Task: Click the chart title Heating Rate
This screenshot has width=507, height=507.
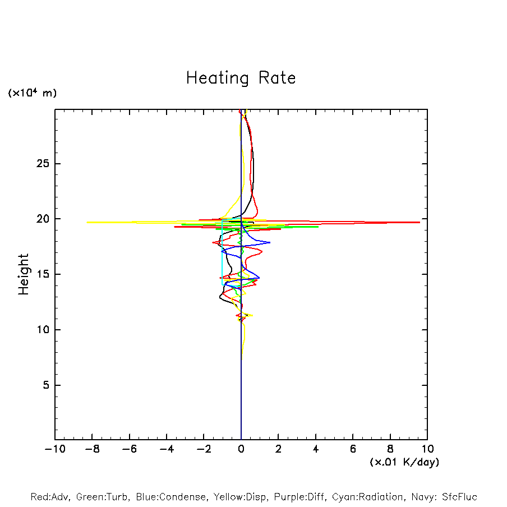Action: pos(241,78)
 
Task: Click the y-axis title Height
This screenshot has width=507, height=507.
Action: pos(24,274)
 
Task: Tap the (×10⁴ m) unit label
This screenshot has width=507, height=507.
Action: pos(32,93)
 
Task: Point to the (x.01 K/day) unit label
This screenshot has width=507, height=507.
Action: pos(404,462)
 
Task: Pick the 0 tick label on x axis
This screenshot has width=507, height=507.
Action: pos(241,449)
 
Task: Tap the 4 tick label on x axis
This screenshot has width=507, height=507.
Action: pos(316,449)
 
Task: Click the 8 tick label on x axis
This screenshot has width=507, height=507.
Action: pos(390,449)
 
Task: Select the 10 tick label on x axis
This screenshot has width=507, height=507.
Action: pos(427,449)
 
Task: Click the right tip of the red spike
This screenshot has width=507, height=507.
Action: pos(420,222)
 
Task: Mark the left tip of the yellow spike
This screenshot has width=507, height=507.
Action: pos(87,222)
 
